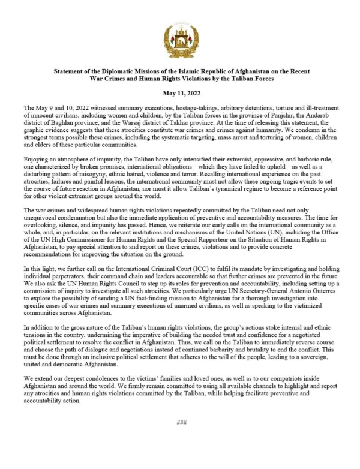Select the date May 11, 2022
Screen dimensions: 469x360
coord(180,93)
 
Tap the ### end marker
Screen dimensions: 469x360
coord(181,439)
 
